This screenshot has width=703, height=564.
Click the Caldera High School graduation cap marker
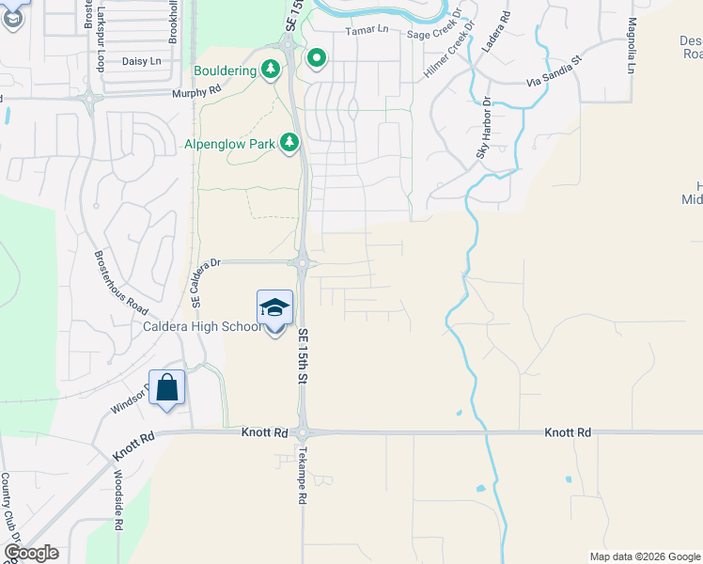click(274, 307)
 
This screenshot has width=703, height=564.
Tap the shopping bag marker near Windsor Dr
click(166, 388)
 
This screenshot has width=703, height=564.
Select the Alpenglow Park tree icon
click(290, 143)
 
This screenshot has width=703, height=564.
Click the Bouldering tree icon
click(272, 70)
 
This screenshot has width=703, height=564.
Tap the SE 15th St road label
click(304, 355)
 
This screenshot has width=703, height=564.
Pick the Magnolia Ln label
click(632, 45)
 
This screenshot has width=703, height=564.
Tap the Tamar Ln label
click(366, 31)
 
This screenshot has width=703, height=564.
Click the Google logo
click(31, 553)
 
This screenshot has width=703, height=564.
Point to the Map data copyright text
click(644, 556)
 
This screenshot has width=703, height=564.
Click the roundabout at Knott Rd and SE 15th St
click(303, 433)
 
